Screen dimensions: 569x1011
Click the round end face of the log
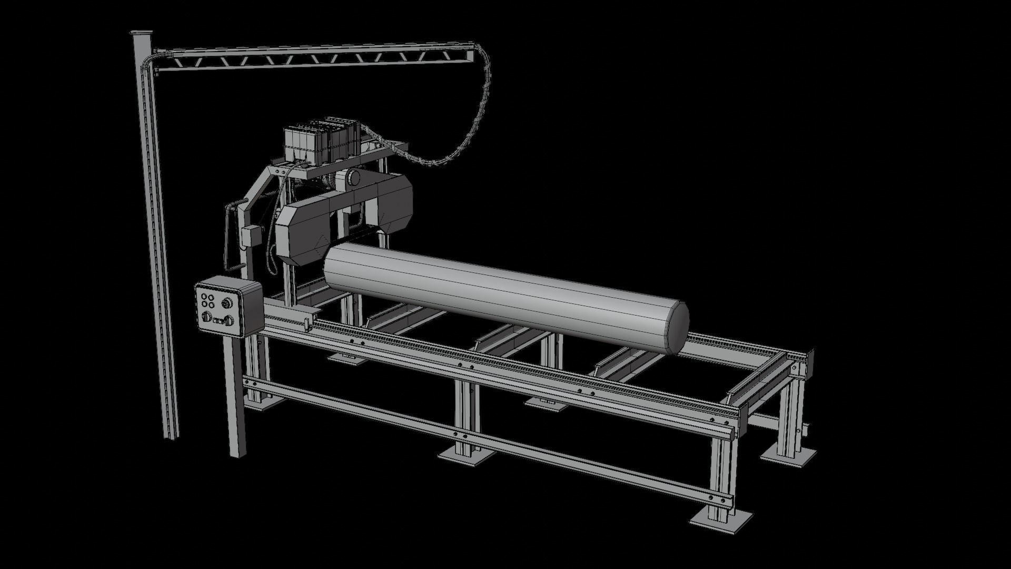[677, 327]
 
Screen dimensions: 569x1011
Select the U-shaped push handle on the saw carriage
[228, 237]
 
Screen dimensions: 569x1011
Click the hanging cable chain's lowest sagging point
[429, 164]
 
